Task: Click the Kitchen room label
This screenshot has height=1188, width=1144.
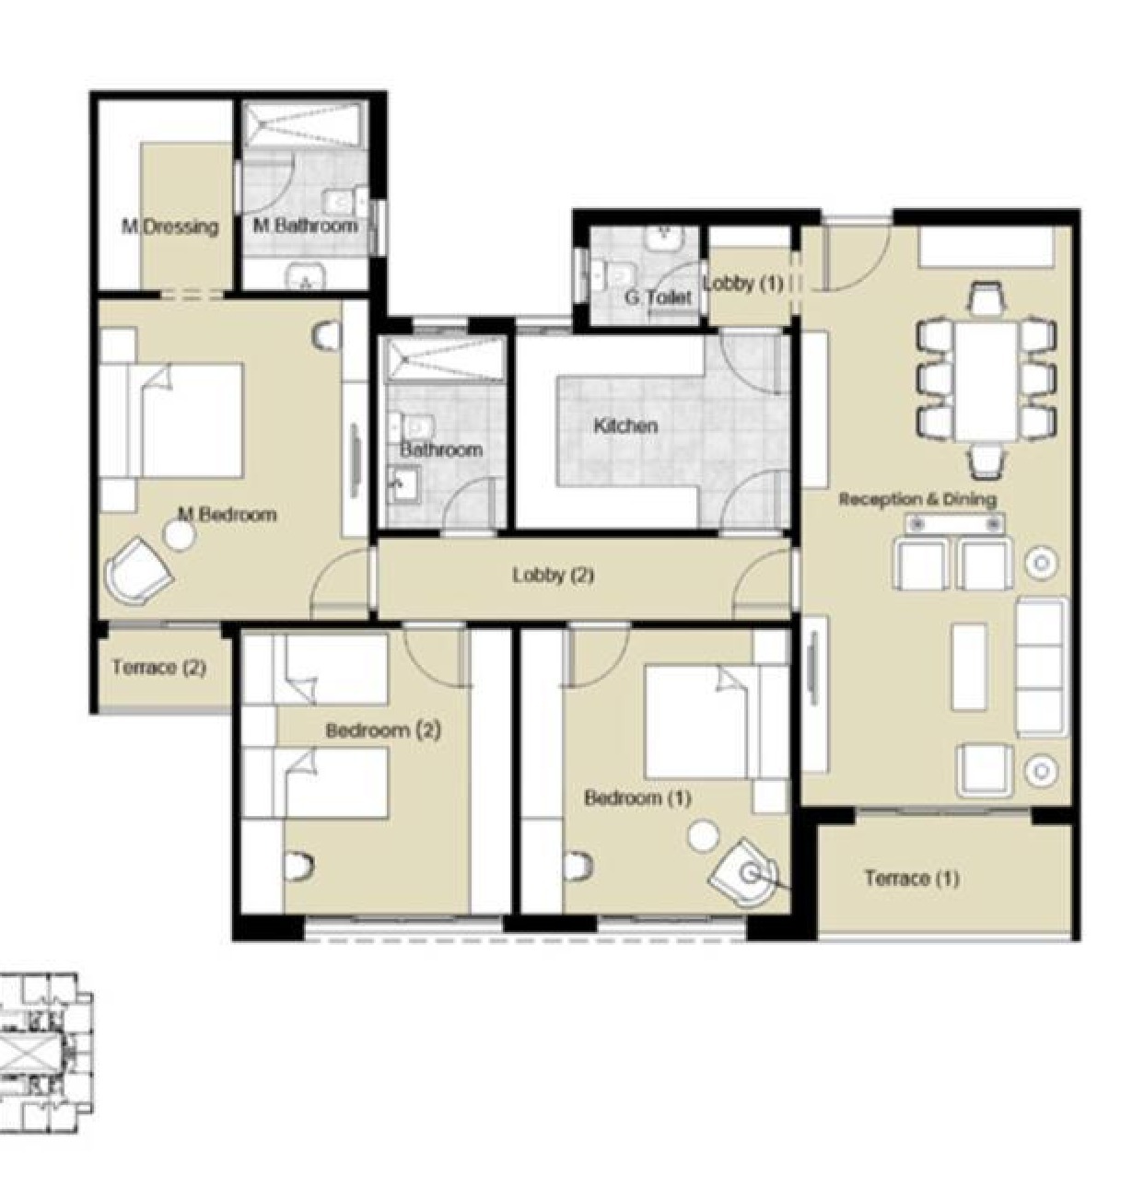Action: [x=625, y=425]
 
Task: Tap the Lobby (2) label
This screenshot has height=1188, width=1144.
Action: [x=553, y=575]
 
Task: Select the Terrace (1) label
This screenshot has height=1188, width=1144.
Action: [x=912, y=879]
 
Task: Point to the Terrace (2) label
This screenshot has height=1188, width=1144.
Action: [x=158, y=668]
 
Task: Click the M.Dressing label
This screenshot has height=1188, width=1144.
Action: [x=169, y=227]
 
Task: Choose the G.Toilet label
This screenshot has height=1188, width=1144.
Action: [x=658, y=297]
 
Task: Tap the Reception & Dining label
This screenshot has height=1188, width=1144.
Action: [x=917, y=499]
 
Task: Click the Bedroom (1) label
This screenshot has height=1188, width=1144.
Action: [x=637, y=798]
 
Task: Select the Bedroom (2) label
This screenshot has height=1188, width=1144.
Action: [x=383, y=730]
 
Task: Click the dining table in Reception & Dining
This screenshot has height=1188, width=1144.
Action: [x=986, y=380]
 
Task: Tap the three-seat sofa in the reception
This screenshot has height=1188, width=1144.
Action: [x=1042, y=668]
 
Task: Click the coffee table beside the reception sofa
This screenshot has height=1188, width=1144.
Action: [x=969, y=667]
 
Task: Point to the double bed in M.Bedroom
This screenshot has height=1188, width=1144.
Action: [x=171, y=421]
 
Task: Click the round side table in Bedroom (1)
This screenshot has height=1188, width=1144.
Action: [x=705, y=836]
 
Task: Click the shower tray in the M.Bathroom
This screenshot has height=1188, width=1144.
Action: [x=305, y=124]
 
